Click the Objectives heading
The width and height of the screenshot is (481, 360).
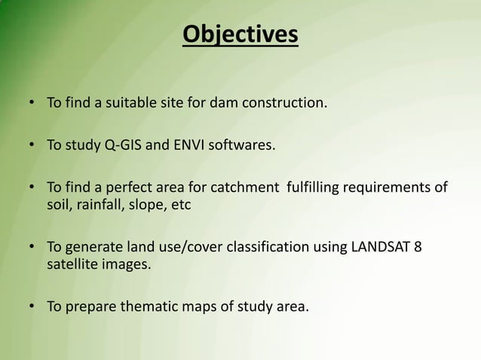click(x=240, y=35)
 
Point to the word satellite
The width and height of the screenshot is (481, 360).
click(x=70, y=264)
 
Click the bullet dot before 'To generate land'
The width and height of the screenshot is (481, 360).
click(x=31, y=247)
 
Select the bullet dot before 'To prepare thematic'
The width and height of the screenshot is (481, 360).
click(x=31, y=307)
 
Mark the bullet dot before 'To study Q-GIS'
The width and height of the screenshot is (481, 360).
click(x=31, y=145)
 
